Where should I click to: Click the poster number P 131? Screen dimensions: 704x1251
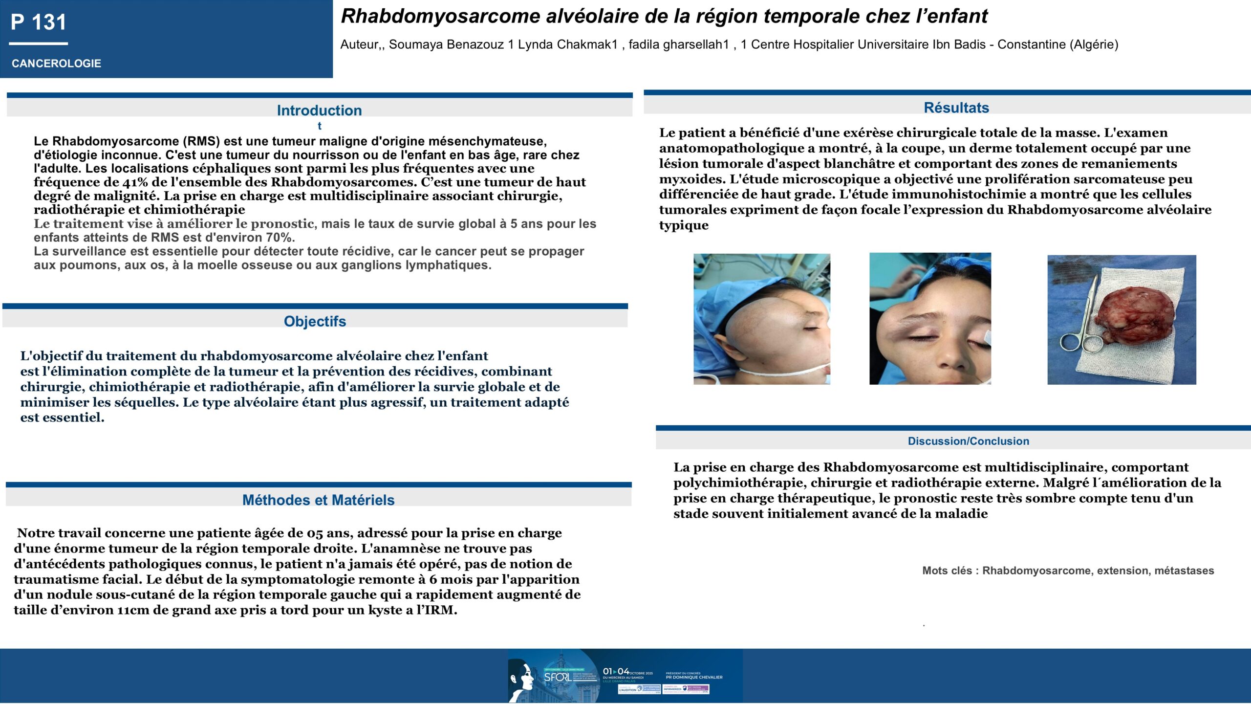tap(38, 22)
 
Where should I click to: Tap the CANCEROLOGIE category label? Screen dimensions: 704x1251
tap(56, 64)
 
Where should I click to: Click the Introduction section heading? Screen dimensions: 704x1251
tap(319, 110)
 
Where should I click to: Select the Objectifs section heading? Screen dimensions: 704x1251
tap(315, 321)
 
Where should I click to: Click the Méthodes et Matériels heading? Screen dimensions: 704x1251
tap(318, 500)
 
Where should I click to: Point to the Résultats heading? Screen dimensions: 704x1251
tap(956, 108)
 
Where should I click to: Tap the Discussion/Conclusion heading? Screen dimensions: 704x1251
tap(968, 441)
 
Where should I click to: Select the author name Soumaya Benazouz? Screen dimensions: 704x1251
tap(446, 44)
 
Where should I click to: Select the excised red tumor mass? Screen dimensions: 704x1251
tap(1133, 315)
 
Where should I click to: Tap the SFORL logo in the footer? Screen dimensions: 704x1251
tap(558, 677)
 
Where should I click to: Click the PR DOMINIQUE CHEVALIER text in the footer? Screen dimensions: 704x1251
tap(694, 678)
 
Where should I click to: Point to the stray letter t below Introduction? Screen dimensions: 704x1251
tap(319, 126)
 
